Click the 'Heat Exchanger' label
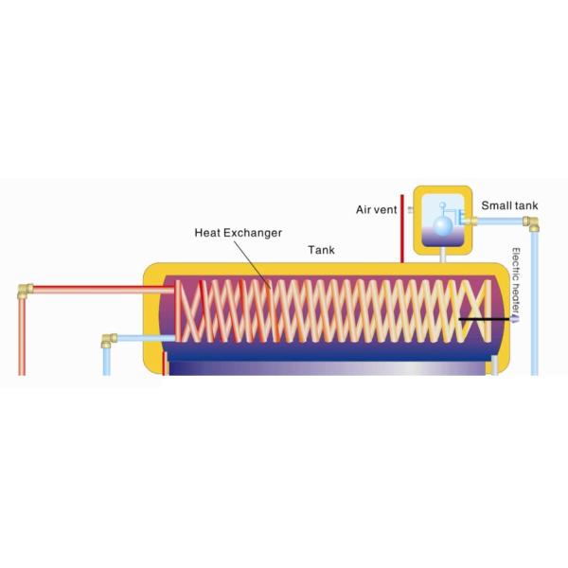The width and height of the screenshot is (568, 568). pyautogui.click(x=238, y=232)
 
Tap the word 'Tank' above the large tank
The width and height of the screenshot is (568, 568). pyautogui.click(x=321, y=251)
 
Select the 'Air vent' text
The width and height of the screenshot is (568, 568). pyautogui.click(x=376, y=209)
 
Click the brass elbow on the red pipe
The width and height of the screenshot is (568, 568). pyautogui.click(x=26, y=291)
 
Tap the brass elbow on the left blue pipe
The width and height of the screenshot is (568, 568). pyautogui.click(x=110, y=338)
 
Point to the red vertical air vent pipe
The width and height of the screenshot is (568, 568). pyautogui.click(x=402, y=227)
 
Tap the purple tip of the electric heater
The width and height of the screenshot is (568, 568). pyautogui.click(x=515, y=321)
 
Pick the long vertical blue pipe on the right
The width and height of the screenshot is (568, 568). pyautogui.click(x=535, y=303)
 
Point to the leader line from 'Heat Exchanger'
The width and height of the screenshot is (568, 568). pyautogui.click(x=255, y=260)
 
